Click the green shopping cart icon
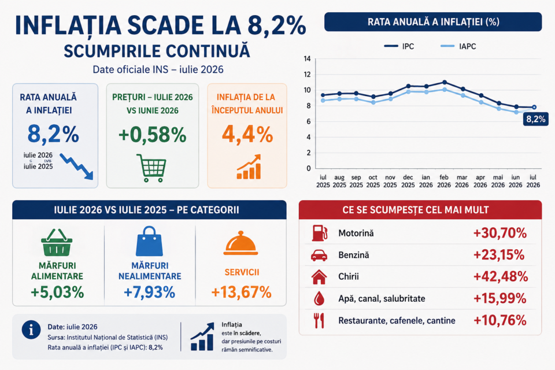pos(151,168)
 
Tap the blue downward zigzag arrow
pos(76,166)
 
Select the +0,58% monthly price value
pos(153,135)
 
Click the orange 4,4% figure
pos(247,135)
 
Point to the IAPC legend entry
pos(458,46)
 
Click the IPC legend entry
pos(399,46)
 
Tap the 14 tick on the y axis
pos(307,59)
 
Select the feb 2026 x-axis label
pos(444,181)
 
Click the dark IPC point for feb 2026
pos(445,82)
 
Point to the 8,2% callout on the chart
pos(535,119)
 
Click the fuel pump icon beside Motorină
pos(319,233)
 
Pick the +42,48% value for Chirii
pos(501,276)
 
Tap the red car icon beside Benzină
pos(319,255)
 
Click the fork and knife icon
pos(319,320)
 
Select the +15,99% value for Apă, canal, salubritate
pos(499,298)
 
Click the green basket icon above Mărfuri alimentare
pos(57,243)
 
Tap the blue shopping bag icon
pos(149,241)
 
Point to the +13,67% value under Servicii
pos(242,293)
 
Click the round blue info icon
pos(31,330)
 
